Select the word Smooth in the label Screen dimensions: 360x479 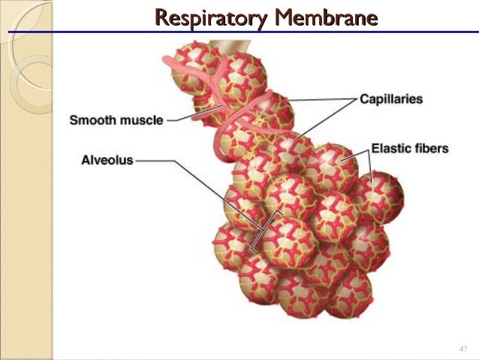click(x=94, y=119)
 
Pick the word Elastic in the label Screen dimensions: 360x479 click(x=391, y=148)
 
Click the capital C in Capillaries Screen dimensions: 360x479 click(x=363, y=99)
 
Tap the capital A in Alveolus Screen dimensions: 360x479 click(x=85, y=159)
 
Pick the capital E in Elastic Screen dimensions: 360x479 click(x=376, y=148)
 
